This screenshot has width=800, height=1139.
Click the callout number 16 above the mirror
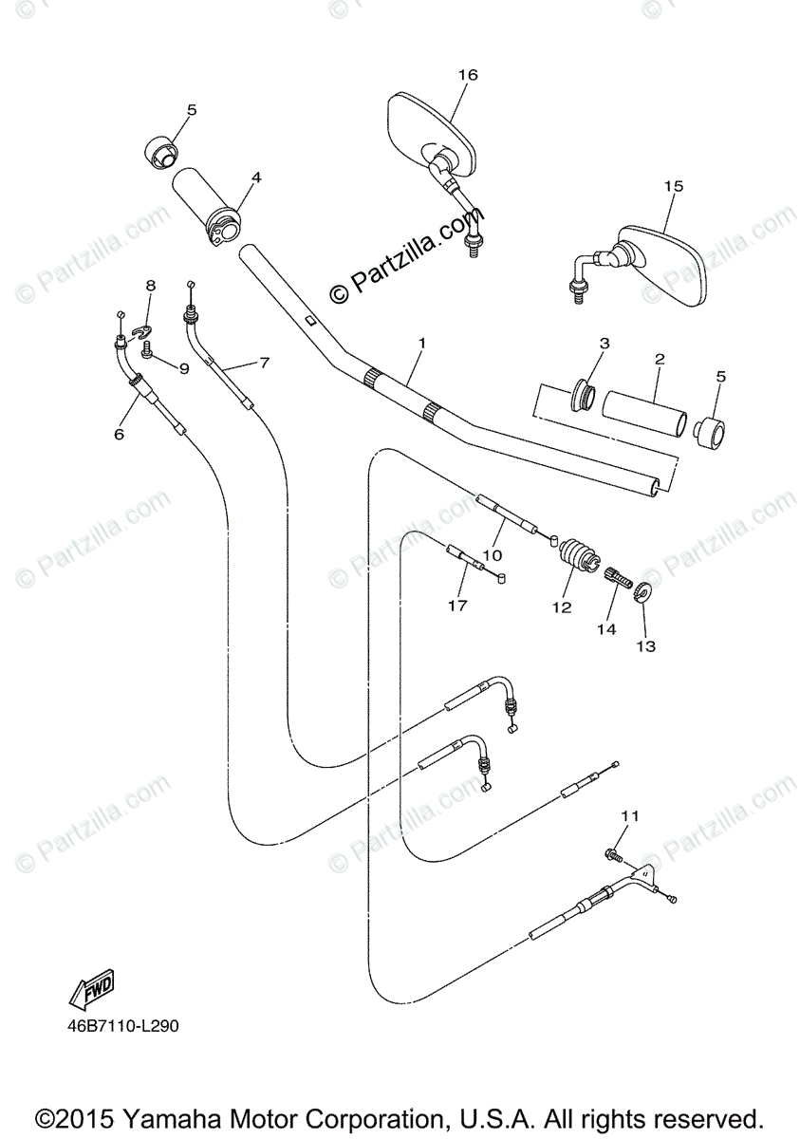[x=467, y=75]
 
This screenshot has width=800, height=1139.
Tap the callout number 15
[x=673, y=187]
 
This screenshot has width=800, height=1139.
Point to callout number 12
[x=562, y=607]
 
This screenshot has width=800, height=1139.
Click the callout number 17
[x=458, y=605]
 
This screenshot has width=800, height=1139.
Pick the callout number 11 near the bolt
[x=631, y=815]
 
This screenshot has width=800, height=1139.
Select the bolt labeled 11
[x=612, y=856]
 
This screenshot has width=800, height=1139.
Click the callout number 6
[x=120, y=434]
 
